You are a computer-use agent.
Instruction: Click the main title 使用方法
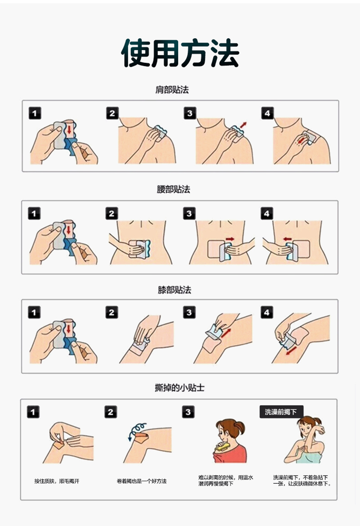(180, 53)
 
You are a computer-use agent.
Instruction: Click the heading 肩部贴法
(172, 89)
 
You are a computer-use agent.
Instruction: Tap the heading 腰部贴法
(173, 189)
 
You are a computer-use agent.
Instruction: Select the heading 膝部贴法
(174, 290)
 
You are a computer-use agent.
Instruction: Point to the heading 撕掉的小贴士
(180, 388)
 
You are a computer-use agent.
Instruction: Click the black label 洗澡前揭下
(281, 412)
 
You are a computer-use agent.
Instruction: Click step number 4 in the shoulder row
(267, 113)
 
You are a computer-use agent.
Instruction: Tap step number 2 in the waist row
(112, 214)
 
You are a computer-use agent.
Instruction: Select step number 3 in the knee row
(189, 312)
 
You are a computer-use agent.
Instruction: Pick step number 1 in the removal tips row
(33, 412)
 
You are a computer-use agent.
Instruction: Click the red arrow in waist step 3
(230, 239)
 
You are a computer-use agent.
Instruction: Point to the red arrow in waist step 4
(288, 239)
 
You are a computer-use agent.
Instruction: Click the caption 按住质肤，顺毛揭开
(57, 481)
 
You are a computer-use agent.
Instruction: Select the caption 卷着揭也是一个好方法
(141, 481)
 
